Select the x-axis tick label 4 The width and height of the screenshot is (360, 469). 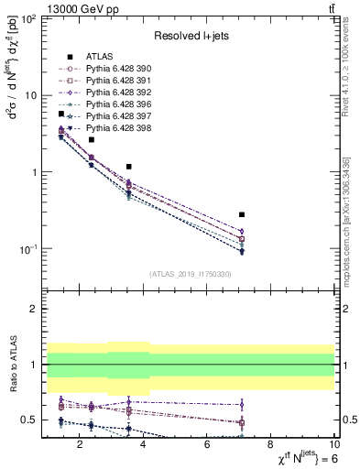coord(147,446)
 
